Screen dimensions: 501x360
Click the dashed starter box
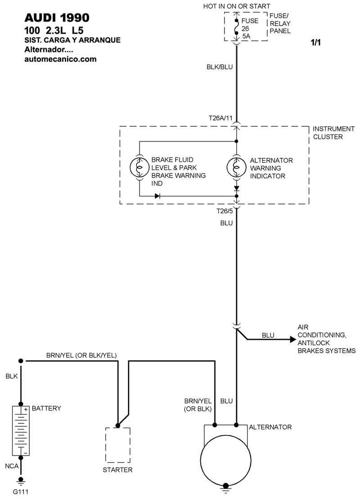(x=118, y=445)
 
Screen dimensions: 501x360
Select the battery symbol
(x=20, y=430)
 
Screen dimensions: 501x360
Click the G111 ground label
(x=20, y=492)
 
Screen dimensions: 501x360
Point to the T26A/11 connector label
(x=220, y=118)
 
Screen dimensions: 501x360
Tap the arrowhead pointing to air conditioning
(x=292, y=340)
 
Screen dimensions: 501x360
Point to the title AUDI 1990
(x=57, y=18)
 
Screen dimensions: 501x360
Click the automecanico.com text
(x=60, y=59)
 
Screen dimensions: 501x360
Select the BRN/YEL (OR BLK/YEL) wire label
(x=81, y=355)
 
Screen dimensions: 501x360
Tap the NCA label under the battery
(x=12, y=467)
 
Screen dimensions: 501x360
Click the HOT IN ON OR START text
(x=237, y=6)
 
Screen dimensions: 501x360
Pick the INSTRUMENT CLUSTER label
(x=328, y=133)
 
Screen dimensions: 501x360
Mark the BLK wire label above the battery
(x=12, y=376)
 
